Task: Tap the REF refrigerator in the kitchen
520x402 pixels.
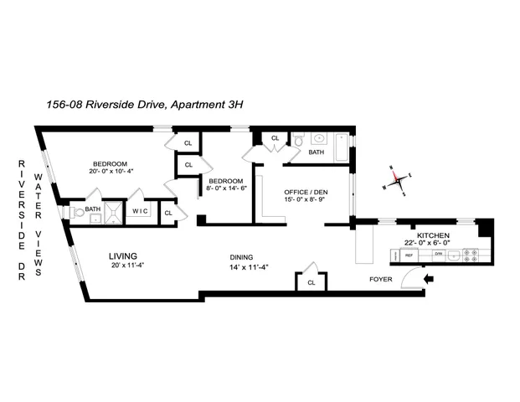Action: [409, 255]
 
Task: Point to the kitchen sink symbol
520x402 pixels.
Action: [449, 255]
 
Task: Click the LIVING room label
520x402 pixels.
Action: [123, 255]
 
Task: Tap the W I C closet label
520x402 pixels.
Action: [139, 211]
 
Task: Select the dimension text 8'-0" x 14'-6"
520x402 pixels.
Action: [226, 189]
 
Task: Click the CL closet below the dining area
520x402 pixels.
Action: [311, 282]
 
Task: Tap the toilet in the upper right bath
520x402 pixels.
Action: [299, 142]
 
